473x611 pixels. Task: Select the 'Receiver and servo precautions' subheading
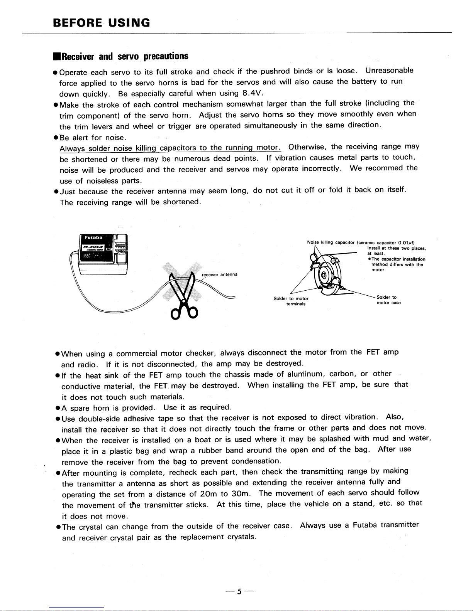(x=121, y=57)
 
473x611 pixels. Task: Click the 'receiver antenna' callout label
(x=220, y=274)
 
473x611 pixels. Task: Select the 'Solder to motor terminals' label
(x=291, y=301)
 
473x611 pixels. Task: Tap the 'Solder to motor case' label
(x=388, y=300)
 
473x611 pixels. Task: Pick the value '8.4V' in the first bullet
(x=253, y=93)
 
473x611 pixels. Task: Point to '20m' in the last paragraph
(x=208, y=494)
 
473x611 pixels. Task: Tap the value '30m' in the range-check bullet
(x=241, y=493)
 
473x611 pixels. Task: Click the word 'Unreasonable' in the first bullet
(x=389, y=71)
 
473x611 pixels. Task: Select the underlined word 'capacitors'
(x=178, y=148)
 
